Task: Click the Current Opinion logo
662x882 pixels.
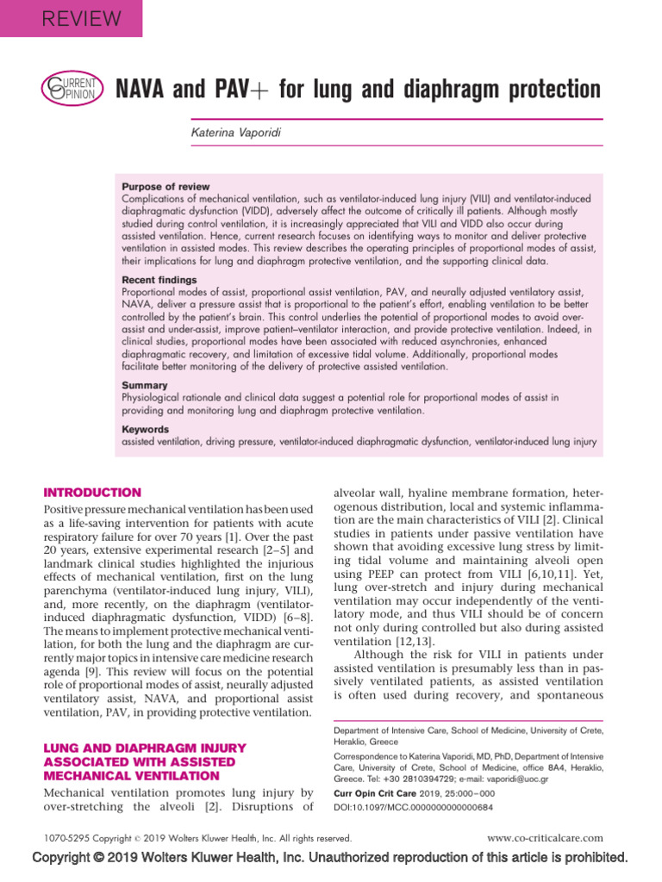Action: [73, 89]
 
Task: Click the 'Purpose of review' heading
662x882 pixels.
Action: [165, 186]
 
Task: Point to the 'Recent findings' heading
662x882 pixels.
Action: [159, 280]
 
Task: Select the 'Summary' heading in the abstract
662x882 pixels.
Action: [145, 386]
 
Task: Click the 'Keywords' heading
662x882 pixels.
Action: [146, 429]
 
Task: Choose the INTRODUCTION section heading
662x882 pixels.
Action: [92, 493]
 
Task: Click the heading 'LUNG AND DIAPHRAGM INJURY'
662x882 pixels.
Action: [145, 748]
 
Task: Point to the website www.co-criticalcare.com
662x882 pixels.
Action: [545, 838]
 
